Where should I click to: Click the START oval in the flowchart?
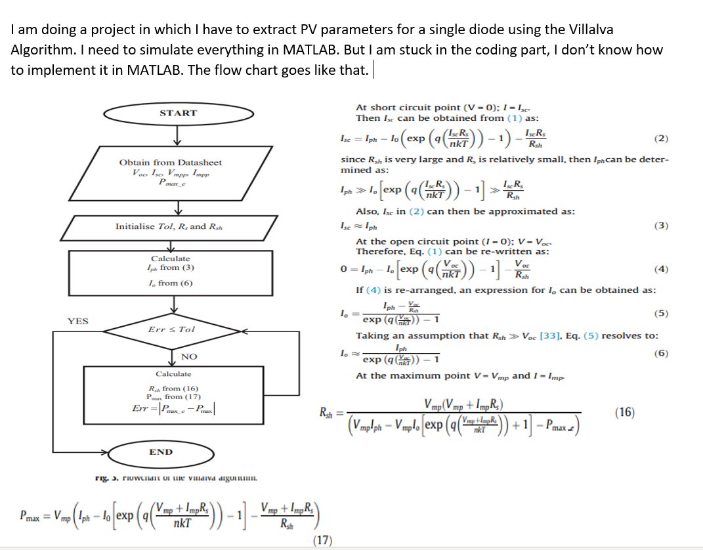[x=178, y=113]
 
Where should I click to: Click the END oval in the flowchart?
[x=161, y=452]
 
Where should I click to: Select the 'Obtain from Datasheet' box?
[x=170, y=173]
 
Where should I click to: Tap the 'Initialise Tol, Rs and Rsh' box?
[x=169, y=226]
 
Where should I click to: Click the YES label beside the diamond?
[x=78, y=321]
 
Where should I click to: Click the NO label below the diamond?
[x=189, y=356]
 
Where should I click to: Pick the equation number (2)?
[x=662, y=138]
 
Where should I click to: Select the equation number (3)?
[x=662, y=226]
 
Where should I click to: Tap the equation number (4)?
[x=662, y=269]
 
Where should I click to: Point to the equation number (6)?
[x=662, y=353]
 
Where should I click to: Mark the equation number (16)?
[x=625, y=412]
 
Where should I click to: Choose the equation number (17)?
[x=322, y=540]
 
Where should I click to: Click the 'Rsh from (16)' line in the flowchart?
[x=170, y=388]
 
